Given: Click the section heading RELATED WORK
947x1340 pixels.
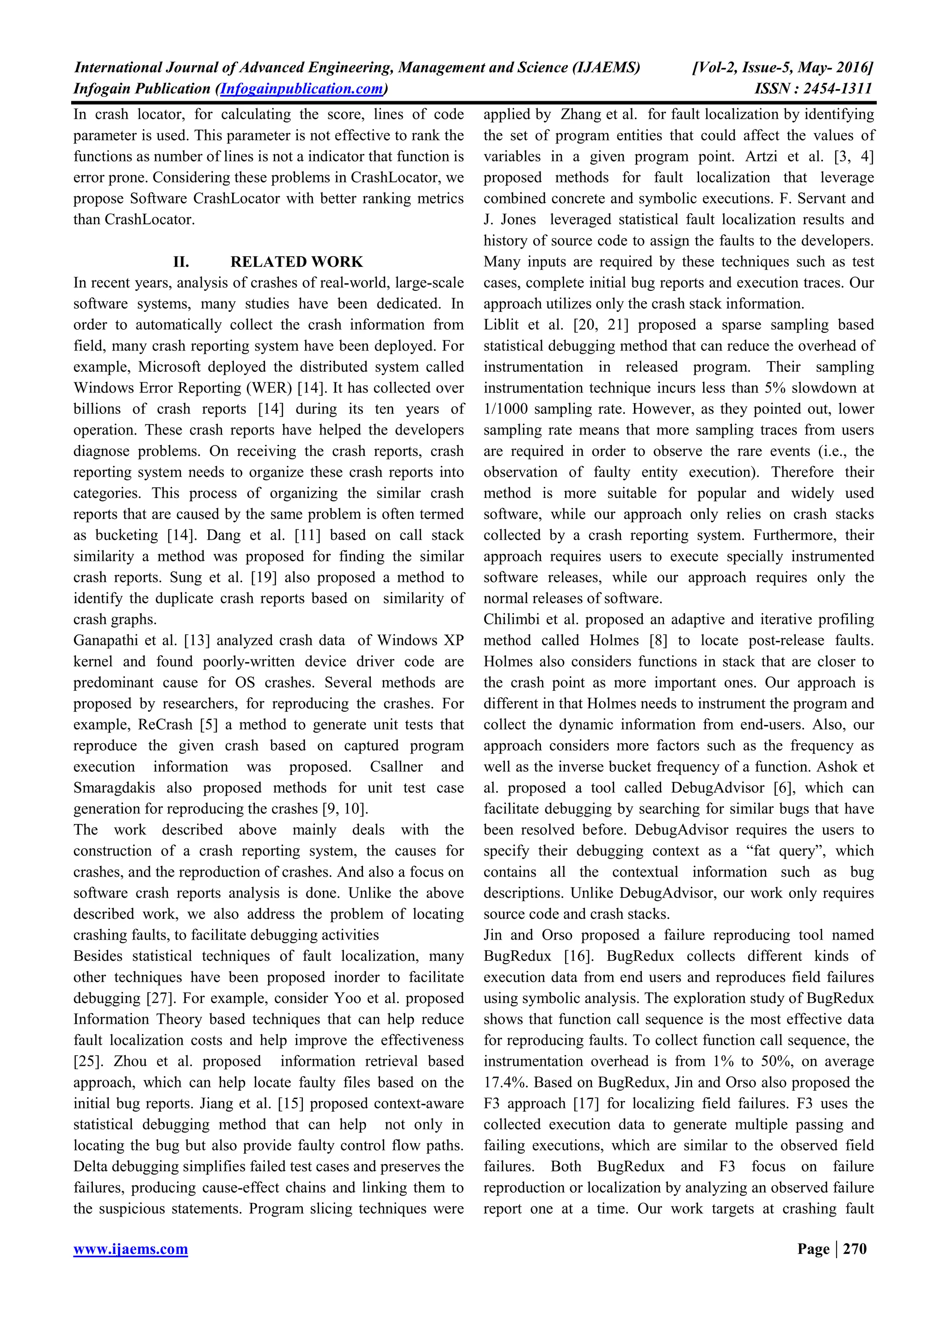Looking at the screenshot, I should tap(296, 261).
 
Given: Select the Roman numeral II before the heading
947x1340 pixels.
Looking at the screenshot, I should tap(181, 261).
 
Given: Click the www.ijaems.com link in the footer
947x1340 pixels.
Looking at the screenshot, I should tap(131, 1249).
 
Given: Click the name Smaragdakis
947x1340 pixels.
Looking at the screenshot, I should tap(114, 788).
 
